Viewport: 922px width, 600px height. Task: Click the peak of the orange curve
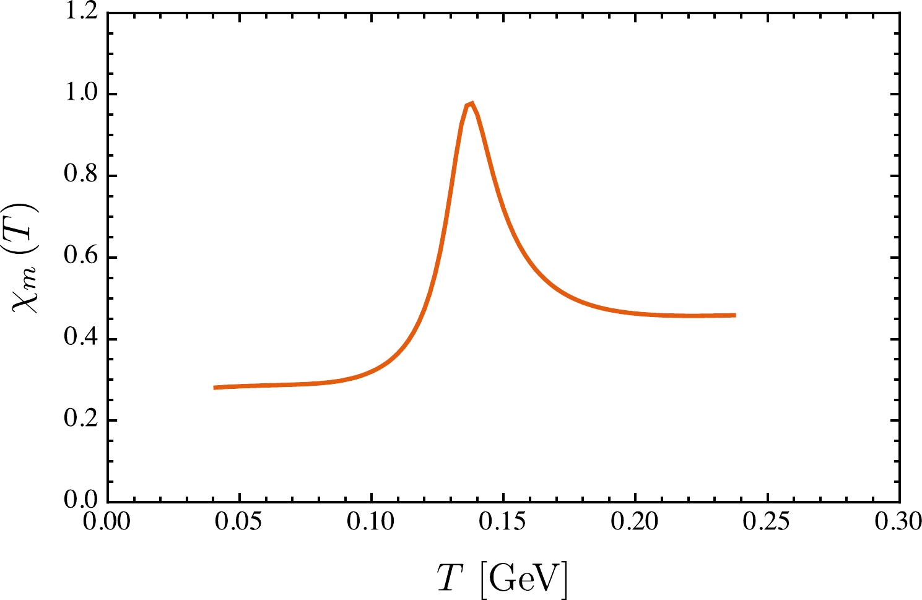pyautogui.click(x=471, y=103)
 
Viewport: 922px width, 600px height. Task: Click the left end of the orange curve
pyautogui.click(x=214, y=388)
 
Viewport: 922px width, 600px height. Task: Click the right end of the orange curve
pyautogui.click(x=735, y=315)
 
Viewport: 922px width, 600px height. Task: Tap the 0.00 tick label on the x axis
pyautogui.click(x=107, y=522)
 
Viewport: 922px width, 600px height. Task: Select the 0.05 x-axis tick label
pyautogui.click(x=239, y=522)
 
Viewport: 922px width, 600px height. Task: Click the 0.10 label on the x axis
pyautogui.click(x=372, y=522)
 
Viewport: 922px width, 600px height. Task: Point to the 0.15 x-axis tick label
pyautogui.click(x=503, y=522)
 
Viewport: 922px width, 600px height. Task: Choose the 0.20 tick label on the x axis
pyautogui.click(x=635, y=522)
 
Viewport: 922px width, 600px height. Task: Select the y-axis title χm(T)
pyautogui.click(x=27, y=258)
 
